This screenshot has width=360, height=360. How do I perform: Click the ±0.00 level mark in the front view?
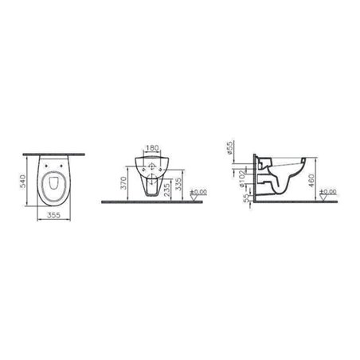[199, 193]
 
